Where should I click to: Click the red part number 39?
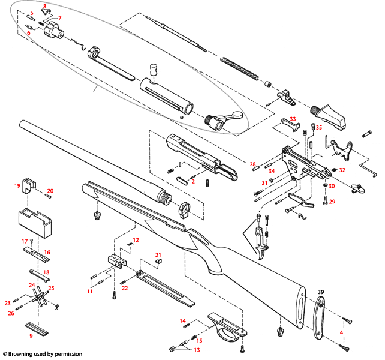[x=321, y=292]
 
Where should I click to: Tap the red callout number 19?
[x=18, y=187]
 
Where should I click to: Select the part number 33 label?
[x=293, y=119]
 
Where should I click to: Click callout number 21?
[x=158, y=254]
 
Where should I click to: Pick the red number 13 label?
[x=198, y=349]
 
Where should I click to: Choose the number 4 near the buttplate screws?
[x=341, y=332]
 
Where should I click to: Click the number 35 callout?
[x=319, y=127]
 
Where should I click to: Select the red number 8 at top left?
[x=44, y=6]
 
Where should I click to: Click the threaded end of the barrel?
[x=163, y=197]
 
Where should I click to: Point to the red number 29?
[x=332, y=201]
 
